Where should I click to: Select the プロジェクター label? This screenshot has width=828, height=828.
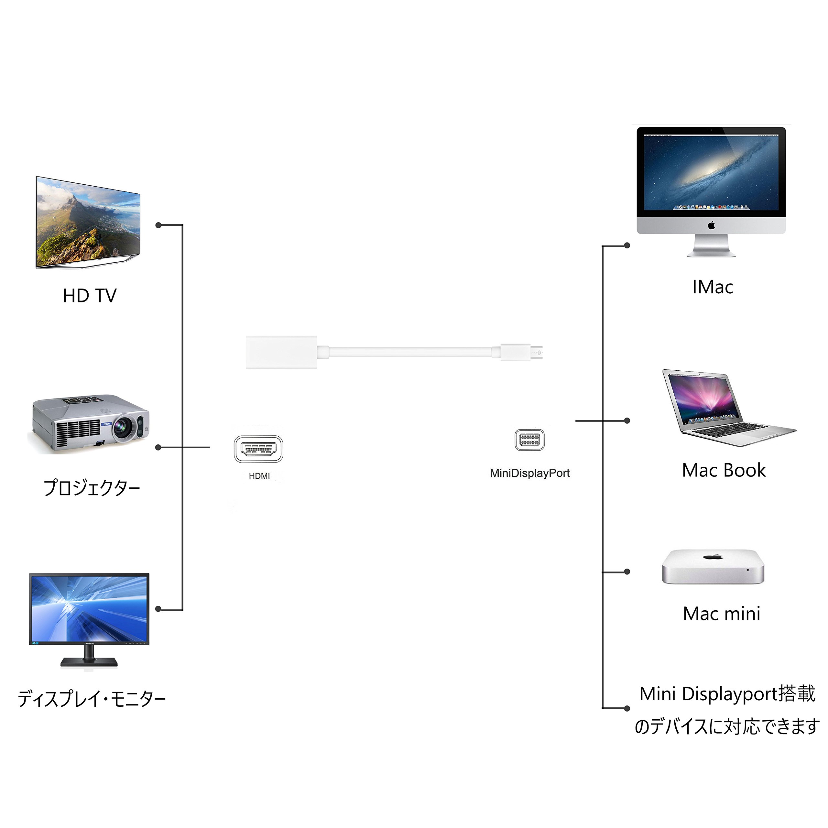pos(92,488)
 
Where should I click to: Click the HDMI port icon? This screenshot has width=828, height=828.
pos(258,449)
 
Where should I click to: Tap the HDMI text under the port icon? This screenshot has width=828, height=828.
pos(259,476)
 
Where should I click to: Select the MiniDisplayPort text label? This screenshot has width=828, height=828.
pos(530,473)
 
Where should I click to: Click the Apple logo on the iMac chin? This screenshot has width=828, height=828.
pos(712,225)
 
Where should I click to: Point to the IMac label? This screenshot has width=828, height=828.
pos(713,287)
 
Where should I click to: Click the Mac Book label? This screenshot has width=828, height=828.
pos(724,470)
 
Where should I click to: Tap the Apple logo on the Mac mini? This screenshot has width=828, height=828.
pos(713,557)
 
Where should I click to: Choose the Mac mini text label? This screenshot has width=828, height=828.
pos(722,614)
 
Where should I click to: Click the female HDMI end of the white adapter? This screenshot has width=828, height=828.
pos(281,352)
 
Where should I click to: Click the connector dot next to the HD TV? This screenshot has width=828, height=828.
pos(158,225)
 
